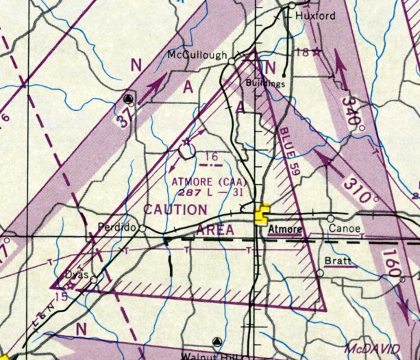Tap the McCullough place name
click(197, 55)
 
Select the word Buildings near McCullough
click(264, 83)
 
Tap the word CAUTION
click(175, 209)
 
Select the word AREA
click(215, 231)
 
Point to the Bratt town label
click(337, 261)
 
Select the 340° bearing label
click(351, 109)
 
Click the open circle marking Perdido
click(143, 227)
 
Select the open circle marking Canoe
click(331, 219)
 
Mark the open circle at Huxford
click(291, 5)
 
